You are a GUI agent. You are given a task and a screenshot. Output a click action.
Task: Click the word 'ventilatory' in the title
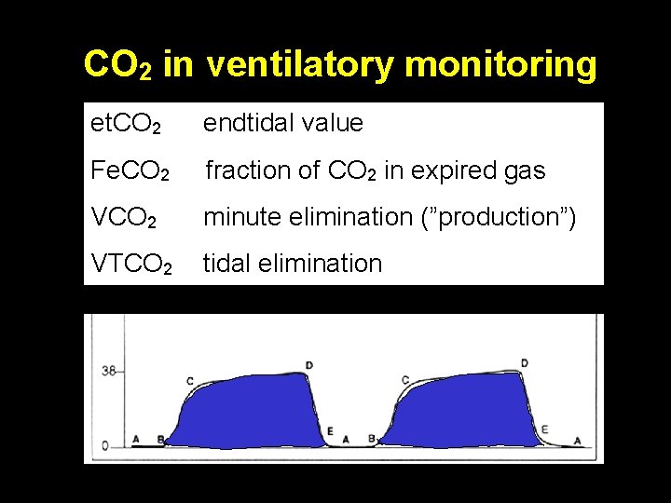pos(302,64)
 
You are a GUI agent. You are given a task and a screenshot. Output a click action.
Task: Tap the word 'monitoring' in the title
pos(501,64)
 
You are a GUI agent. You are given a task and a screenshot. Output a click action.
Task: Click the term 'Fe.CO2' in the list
pos(130,171)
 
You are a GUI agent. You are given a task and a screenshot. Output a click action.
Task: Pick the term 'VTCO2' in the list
pos(131,265)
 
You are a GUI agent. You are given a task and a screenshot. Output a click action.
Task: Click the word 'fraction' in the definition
pos(246,170)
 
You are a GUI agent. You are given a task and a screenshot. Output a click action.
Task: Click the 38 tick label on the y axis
pos(107,371)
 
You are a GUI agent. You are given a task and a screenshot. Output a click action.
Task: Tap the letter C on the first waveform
pos(190,381)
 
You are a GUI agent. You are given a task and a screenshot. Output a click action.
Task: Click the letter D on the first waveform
pos(308,364)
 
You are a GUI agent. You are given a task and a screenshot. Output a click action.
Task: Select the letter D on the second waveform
pos(525,363)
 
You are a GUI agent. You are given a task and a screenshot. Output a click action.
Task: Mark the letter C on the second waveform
pos(404,380)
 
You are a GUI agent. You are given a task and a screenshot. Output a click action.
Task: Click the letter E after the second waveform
pos(544,429)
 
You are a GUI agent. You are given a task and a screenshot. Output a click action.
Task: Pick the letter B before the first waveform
pos(160,438)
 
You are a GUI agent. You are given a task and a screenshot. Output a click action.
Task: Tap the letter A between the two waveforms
pos(346,438)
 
